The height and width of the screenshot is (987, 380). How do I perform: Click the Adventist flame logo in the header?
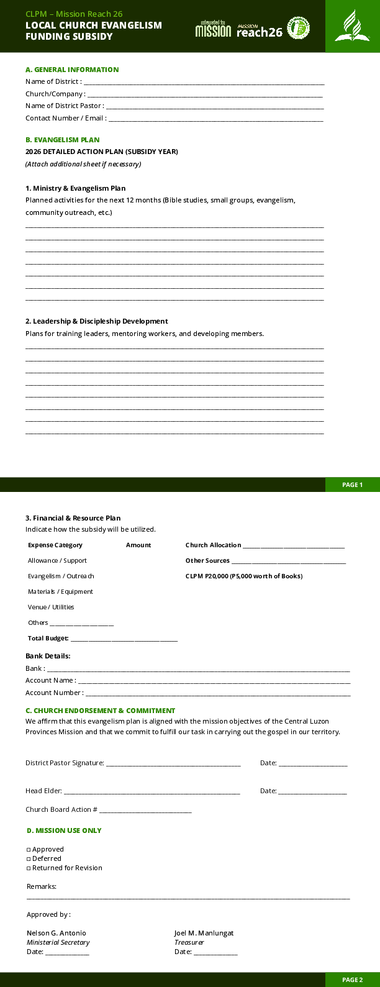(352, 26)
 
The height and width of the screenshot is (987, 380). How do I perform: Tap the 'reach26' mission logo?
(260, 29)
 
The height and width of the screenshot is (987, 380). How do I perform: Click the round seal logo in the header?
(299, 28)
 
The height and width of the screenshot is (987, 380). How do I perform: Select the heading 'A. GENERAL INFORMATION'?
(72, 70)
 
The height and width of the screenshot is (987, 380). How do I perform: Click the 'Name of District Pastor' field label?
(65, 106)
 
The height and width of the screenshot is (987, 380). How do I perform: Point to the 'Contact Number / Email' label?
(66, 118)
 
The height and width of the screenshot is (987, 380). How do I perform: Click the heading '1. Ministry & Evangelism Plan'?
(75, 188)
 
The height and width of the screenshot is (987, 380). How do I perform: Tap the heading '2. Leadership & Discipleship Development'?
(96, 321)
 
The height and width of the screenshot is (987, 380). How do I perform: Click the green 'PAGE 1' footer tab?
(352, 484)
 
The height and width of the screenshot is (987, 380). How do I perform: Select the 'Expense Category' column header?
(55, 545)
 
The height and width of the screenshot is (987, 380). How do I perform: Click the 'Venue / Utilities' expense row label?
(51, 607)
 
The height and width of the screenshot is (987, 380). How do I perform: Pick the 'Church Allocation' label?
(213, 545)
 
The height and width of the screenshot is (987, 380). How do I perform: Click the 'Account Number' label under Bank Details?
(54, 693)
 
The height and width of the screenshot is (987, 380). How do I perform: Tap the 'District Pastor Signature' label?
(65, 763)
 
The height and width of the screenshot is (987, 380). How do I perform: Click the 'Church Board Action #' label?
(61, 809)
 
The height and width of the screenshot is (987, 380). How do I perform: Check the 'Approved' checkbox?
(29, 850)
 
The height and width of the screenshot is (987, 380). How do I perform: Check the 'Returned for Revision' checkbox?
(29, 868)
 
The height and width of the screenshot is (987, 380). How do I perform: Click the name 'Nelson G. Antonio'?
(57, 933)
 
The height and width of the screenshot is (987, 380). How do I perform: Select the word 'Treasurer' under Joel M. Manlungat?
(189, 942)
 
